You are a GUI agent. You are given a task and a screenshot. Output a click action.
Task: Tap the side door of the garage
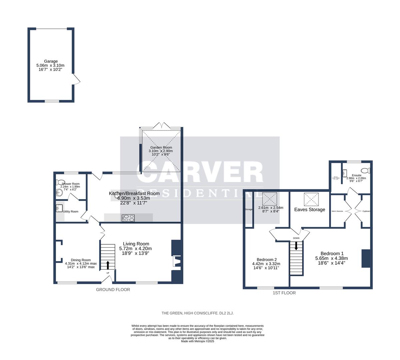[x=76, y=80]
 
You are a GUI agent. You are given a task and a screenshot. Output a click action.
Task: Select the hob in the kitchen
[x=129, y=218]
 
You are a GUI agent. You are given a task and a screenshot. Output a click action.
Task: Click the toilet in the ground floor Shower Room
[x=60, y=182]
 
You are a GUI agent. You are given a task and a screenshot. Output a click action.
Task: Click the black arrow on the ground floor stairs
[x=108, y=265]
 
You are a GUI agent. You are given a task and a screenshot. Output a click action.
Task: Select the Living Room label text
[x=136, y=244]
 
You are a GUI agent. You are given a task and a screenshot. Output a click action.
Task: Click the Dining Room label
[x=81, y=260]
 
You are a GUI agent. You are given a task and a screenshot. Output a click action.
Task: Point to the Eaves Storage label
[x=309, y=210]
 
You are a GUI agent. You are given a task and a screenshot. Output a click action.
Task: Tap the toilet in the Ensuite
[x=365, y=171]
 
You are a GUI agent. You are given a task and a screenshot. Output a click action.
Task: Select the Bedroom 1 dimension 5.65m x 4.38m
[x=331, y=258]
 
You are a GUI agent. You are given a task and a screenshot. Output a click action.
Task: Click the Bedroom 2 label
[x=267, y=260]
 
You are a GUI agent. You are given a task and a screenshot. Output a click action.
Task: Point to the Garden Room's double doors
[x=162, y=126]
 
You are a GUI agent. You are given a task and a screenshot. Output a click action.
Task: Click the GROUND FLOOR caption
[x=113, y=290]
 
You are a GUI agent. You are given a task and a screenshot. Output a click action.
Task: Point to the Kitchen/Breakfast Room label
[x=134, y=193]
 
